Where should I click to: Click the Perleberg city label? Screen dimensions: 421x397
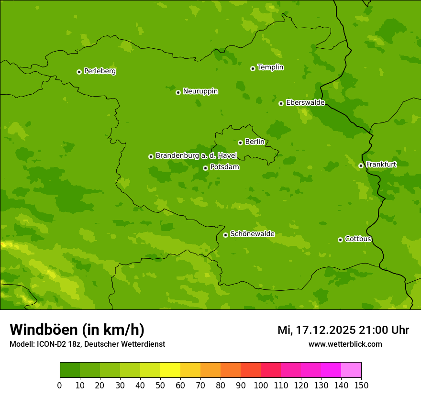tap(100, 71)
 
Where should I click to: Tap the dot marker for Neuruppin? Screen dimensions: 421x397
tap(178, 92)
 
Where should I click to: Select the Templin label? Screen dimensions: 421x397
tap(270, 67)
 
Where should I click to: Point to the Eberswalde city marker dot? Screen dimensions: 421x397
tap(281, 103)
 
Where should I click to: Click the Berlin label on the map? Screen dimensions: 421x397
tap(255, 142)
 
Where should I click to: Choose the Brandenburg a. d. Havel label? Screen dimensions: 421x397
tap(196, 156)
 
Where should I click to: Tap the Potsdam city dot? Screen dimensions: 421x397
tap(205, 168)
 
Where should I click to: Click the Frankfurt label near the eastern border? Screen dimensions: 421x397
tap(381, 165)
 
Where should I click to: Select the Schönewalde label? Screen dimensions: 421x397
tap(252, 234)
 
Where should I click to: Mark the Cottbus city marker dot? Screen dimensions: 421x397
tap(340, 240)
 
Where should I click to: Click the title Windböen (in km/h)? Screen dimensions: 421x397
tap(77, 330)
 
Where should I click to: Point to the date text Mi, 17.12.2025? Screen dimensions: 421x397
tap(317, 330)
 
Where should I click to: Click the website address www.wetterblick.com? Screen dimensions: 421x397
tap(345, 344)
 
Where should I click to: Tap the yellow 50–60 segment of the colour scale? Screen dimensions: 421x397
tap(170, 370)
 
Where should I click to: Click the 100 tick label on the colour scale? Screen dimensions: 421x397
tap(261, 385)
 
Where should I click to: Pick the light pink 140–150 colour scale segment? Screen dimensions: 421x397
tap(351, 370)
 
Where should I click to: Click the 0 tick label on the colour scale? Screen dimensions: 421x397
tap(60, 385)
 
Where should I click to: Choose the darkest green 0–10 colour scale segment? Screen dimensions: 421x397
tap(70, 370)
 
